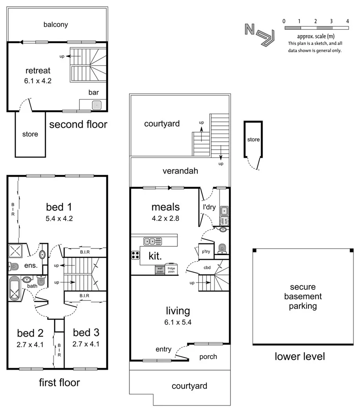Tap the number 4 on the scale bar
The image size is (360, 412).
coord(348,21)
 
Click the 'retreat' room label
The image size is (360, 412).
coord(38,71)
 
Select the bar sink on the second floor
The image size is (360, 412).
coord(97,105)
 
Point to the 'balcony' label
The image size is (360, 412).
coord(56,24)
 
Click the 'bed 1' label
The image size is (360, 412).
coord(59,207)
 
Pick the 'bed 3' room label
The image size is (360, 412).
coord(86,333)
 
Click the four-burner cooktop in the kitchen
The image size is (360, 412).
coord(135,255)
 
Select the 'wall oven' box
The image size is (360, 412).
coord(160,270)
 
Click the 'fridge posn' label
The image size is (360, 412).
coord(172,270)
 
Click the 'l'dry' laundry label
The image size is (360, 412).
coord(209,207)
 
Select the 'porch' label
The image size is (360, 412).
coord(208,357)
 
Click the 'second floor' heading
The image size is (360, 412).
coord(78,125)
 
